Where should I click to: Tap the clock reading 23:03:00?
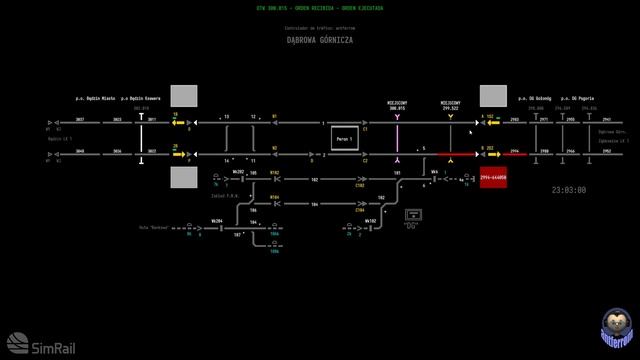(569, 189)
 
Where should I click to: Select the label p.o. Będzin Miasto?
(95, 98)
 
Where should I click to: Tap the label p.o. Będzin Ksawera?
(141, 98)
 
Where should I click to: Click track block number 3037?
(80, 119)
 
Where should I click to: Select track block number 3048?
(80, 151)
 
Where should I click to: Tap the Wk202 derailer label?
(238, 171)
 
